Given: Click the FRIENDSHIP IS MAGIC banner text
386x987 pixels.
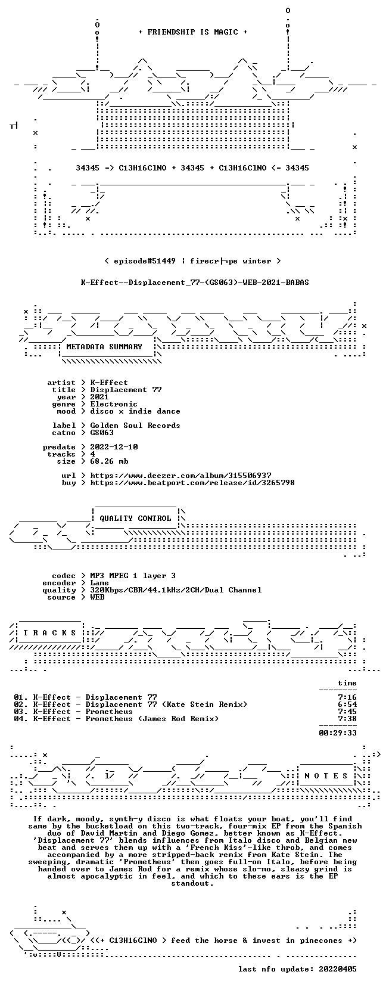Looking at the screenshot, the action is click(x=193, y=32).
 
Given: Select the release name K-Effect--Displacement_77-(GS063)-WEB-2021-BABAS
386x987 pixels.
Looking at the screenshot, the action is click(x=195, y=283).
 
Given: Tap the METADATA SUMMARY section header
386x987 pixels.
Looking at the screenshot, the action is click(x=104, y=347).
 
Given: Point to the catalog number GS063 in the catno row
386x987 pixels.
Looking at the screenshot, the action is click(x=102, y=432).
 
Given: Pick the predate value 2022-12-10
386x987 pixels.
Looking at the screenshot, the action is click(x=114, y=447).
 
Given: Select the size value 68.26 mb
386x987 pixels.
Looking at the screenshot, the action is click(x=109, y=461).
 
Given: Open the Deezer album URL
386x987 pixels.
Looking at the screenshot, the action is click(x=181, y=476).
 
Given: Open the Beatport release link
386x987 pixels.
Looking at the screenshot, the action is click(x=192, y=483).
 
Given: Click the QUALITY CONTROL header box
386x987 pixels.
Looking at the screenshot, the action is click(x=136, y=519).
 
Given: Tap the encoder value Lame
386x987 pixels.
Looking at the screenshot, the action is click(x=99, y=583).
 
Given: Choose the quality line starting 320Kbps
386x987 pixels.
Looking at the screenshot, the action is click(x=176, y=590).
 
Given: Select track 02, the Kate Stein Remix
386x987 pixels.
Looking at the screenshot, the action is click(x=130, y=704).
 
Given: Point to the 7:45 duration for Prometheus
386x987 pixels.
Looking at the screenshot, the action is click(x=347, y=712).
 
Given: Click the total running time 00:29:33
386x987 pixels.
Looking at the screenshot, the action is click(x=338, y=733).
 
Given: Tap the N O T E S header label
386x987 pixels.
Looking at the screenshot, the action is click(x=326, y=776).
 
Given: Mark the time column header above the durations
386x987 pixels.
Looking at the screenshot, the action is click(x=347, y=683).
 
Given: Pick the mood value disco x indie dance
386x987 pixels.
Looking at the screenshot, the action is click(x=135, y=411).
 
